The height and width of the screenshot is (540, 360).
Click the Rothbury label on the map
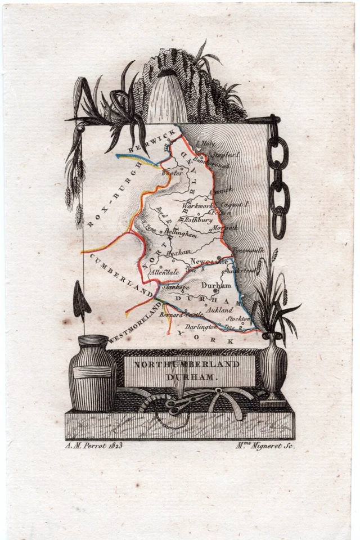[199, 220]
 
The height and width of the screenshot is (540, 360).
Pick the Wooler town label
[172, 174]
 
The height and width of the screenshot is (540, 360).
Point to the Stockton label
[238, 318]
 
